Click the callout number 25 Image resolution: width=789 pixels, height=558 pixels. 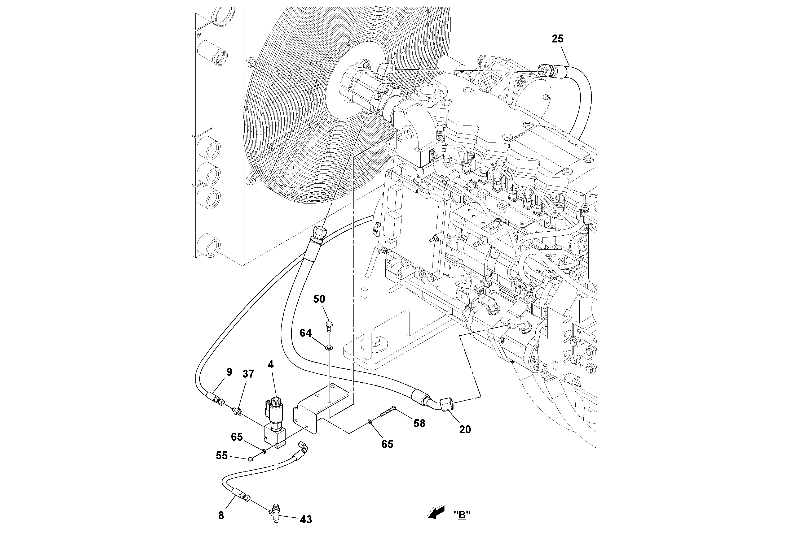point(557,39)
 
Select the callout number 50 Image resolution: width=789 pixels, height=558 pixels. point(319,299)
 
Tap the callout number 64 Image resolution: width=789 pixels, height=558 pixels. point(306,333)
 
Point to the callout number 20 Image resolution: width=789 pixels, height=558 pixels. point(465,429)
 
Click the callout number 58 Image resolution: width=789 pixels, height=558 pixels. point(419,423)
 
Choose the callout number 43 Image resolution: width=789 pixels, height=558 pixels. point(306,520)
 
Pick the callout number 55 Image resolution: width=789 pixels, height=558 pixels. point(222,456)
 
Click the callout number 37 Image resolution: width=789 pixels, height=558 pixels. point(248,374)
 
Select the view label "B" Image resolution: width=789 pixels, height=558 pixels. point(462,515)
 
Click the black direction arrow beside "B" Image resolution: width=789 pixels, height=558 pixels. point(435,512)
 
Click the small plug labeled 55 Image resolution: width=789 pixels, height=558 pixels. point(250,458)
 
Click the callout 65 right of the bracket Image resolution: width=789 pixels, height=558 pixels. point(387,444)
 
